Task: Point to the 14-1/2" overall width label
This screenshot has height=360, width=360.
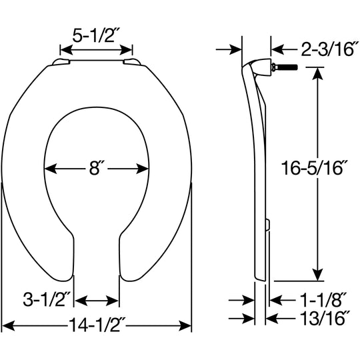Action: click(97, 325)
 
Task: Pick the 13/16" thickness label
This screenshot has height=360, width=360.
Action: click(325, 318)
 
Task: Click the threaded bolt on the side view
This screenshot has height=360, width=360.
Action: click(284, 67)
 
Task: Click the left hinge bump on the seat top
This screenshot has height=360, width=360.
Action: click(61, 62)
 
